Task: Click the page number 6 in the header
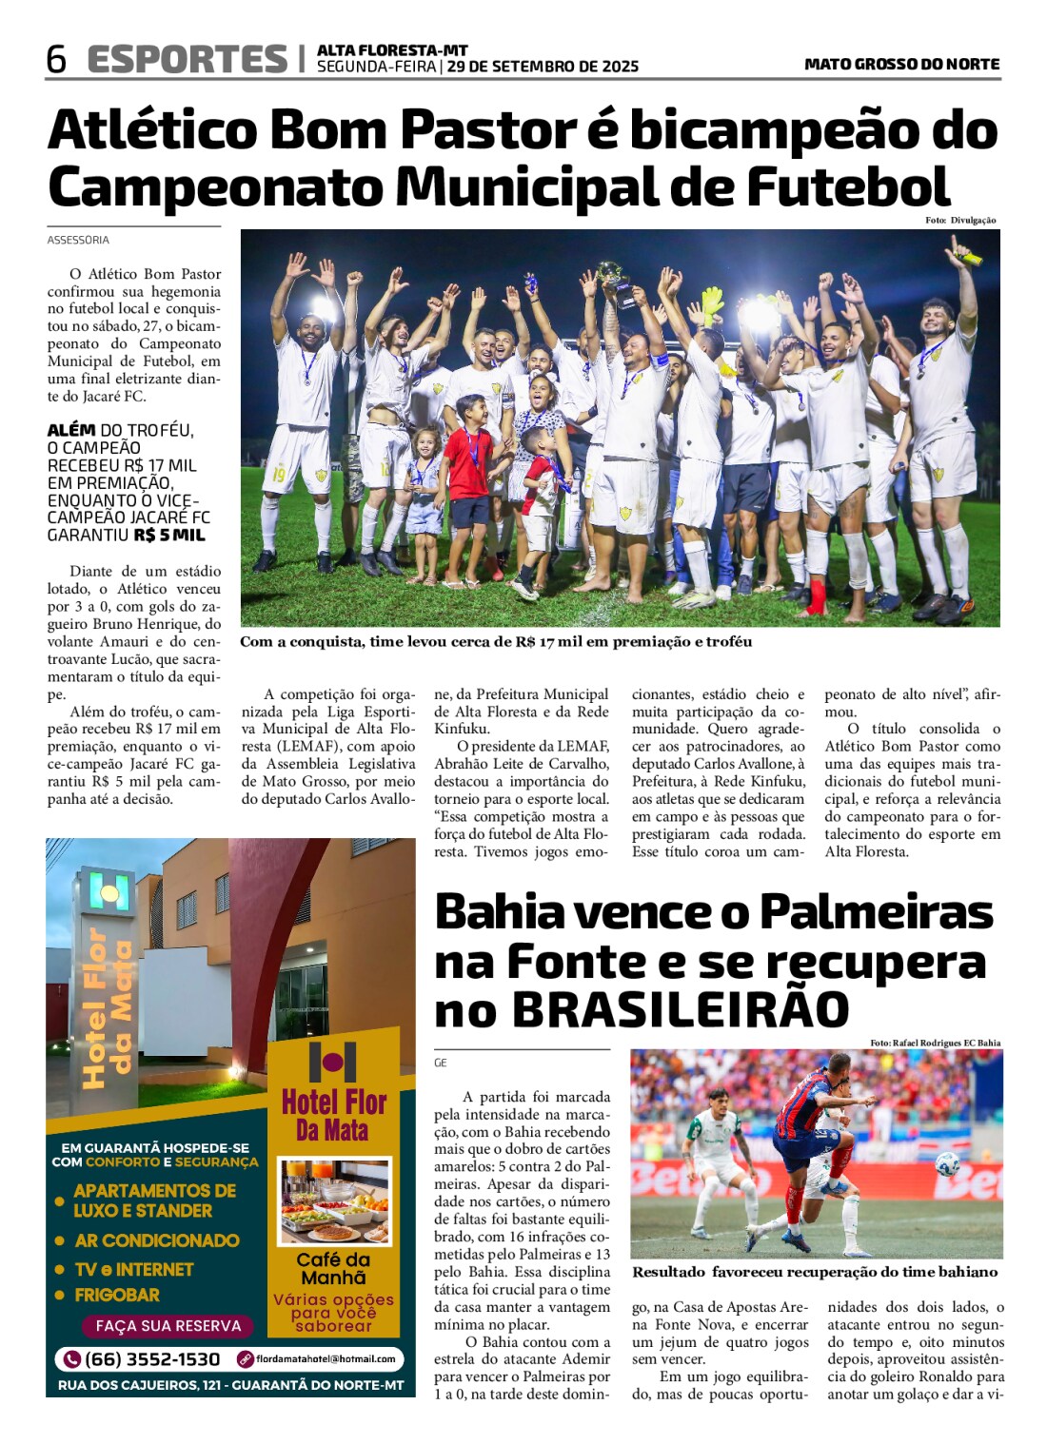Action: click(56, 59)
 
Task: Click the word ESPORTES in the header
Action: click(187, 59)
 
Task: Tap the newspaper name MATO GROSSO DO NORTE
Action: click(901, 64)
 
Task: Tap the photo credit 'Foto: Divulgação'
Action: click(960, 220)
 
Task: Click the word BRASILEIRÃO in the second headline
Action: click(681, 1010)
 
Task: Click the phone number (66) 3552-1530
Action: click(151, 1359)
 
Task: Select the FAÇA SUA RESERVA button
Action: click(168, 1326)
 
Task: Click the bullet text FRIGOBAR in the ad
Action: click(117, 1295)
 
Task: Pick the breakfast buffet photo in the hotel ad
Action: click(334, 1200)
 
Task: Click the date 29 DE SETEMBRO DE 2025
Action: click(543, 67)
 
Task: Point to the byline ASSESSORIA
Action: click(78, 240)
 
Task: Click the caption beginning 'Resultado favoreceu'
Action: click(815, 1272)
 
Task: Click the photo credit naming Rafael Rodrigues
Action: click(935, 1043)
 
